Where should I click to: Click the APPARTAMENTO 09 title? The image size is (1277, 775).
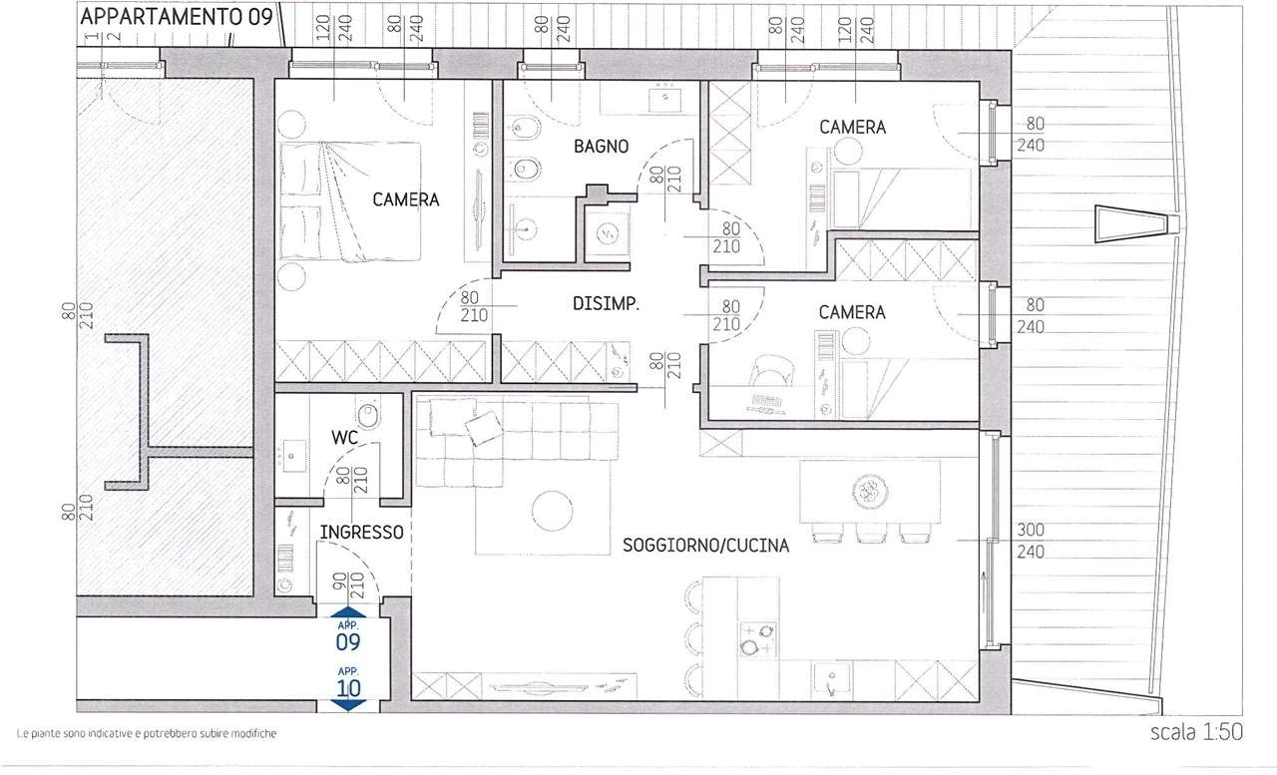[x=177, y=17]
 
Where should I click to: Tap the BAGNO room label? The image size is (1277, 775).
[x=601, y=147]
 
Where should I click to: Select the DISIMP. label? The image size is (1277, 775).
[x=606, y=304]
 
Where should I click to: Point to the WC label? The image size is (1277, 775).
[x=344, y=438]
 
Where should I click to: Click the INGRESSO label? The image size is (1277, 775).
[x=361, y=533]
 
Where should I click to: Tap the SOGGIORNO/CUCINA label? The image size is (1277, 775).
[x=705, y=546]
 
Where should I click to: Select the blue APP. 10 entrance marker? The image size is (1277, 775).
[x=348, y=688]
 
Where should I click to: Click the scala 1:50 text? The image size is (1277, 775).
[x=1196, y=732]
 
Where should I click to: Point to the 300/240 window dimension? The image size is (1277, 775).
[x=1031, y=541]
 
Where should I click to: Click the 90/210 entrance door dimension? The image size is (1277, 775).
[x=348, y=585]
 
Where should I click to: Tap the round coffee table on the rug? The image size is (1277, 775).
[x=553, y=511]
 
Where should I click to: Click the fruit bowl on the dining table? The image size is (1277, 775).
[x=871, y=491]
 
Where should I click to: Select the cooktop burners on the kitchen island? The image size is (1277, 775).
[x=757, y=639]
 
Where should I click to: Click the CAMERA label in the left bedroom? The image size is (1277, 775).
[x=405, y=199]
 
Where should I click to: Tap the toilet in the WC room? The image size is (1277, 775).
[x=368, y=414]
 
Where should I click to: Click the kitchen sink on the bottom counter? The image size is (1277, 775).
[x=831, y=680]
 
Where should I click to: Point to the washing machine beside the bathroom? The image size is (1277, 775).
[x=608, y=233]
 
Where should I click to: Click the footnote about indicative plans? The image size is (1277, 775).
[x=147, y=733]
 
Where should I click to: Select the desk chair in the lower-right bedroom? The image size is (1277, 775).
[x=771, y=371]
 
